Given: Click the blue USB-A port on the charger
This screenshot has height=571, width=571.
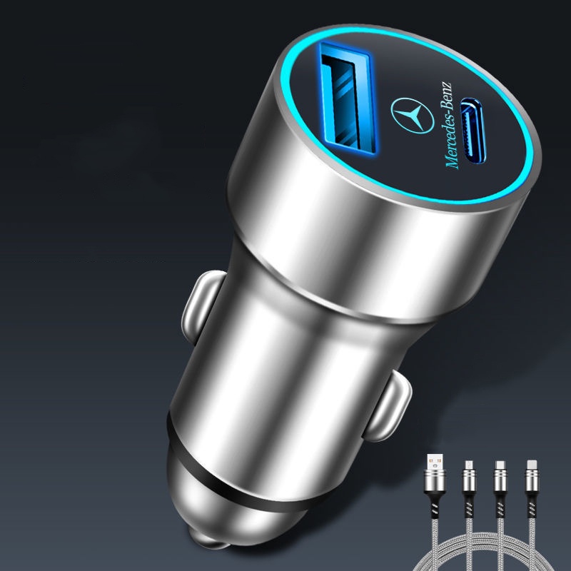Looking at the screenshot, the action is point(347,98).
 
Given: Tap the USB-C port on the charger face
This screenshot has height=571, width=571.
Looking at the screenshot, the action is point(473,131).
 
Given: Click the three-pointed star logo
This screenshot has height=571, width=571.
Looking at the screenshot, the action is point(413,116).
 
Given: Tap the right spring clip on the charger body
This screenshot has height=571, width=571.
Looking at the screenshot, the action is point(388,406).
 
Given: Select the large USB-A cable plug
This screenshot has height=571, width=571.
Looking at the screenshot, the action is point(435,473).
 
